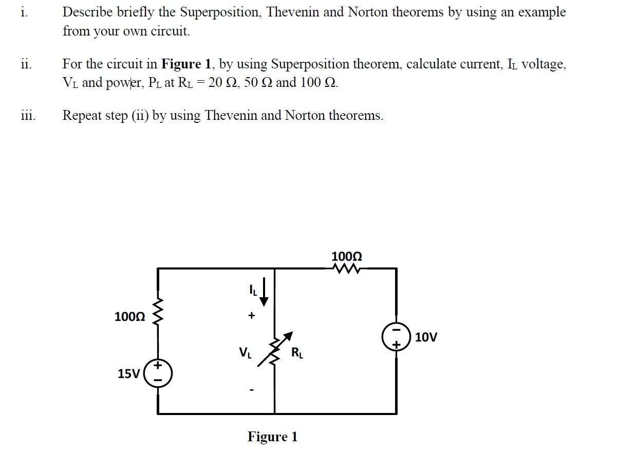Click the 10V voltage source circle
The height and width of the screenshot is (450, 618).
coord(396,337)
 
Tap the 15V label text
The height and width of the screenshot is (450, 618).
coord(128,374)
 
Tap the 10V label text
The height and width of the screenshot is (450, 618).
coord(426,337)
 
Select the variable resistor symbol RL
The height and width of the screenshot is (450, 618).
coord(275,349)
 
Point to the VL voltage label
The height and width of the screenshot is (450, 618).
coord(245,353)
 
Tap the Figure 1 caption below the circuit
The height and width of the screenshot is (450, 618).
coord(272,437)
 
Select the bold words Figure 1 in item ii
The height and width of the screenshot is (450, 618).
coord(186,64)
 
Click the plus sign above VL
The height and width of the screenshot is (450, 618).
coord(251,316)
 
